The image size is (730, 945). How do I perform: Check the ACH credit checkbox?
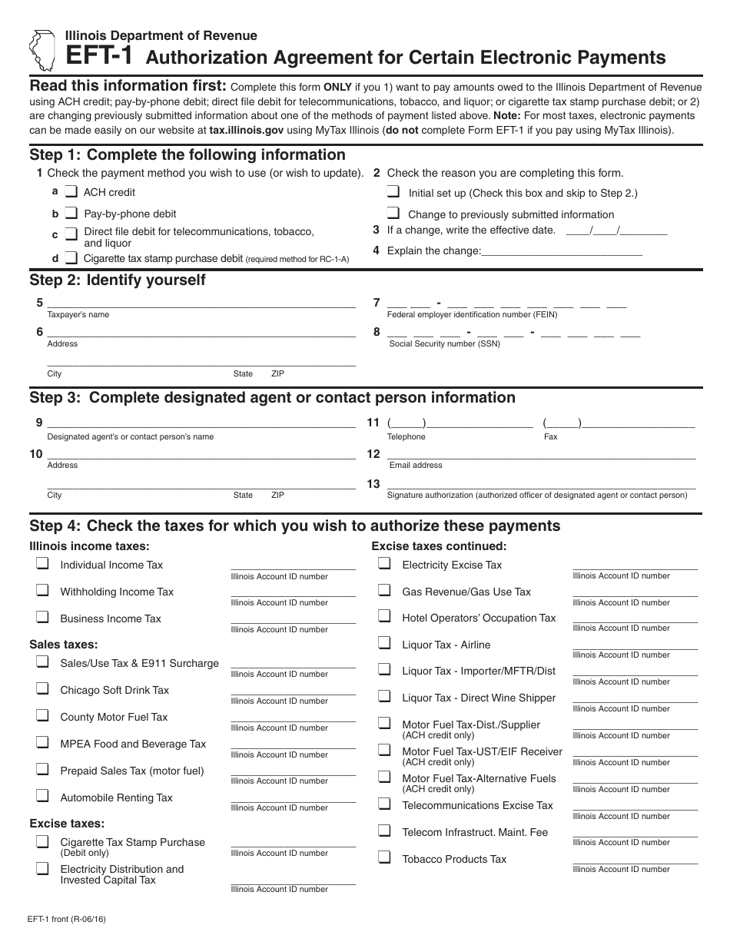(x=71, y=191)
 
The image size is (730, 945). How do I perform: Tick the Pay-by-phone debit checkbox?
(x=71, y=213)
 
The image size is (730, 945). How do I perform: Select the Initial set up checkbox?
(x=393, y=192)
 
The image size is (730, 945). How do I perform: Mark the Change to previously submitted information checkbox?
(x=393, y=214)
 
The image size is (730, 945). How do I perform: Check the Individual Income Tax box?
(x=42, y=564)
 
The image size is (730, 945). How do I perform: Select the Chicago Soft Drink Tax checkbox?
(x=42, y=689)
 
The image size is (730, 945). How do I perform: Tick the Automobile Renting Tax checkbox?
(x=42, y=797)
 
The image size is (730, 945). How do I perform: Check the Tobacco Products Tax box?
(x=384, y=858)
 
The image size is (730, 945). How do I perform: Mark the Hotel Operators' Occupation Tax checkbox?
(x=384, y=617)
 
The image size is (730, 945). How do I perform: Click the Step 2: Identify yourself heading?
(x=118, y=280)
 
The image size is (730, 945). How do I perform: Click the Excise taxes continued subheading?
(x=439, y=546)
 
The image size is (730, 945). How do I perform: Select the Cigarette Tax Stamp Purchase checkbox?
(x=42, y=841)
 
